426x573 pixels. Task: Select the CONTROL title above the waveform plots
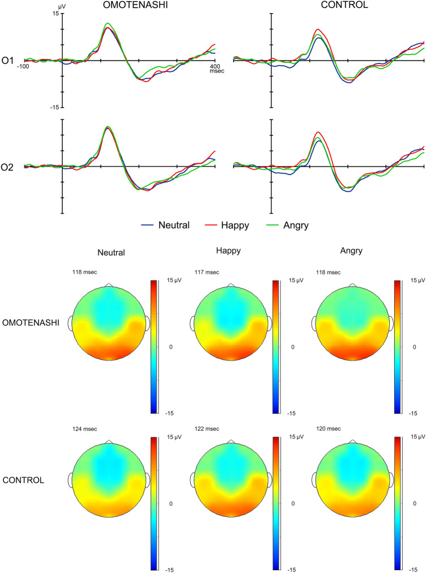pyautogui.click(x=329, y=5)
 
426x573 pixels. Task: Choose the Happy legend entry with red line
pyautogui.click(x=229, y=225)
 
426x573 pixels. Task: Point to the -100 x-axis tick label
pyautogui.click(x=23, y=67)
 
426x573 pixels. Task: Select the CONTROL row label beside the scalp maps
pyautogui.click(x=25, y=481)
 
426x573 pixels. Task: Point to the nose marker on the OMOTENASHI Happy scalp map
pyautogui.click(x=231, y=284)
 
